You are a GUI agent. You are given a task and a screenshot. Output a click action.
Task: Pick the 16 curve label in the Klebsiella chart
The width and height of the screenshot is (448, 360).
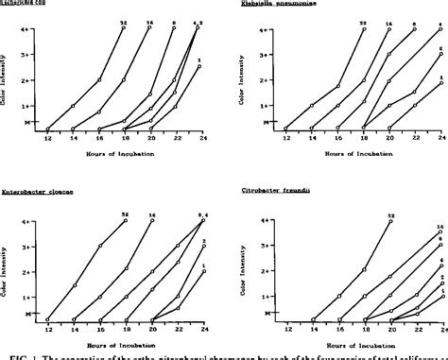click(389, 20)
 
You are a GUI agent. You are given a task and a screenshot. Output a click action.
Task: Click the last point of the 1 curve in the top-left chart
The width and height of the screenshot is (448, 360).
click(199, 66)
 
